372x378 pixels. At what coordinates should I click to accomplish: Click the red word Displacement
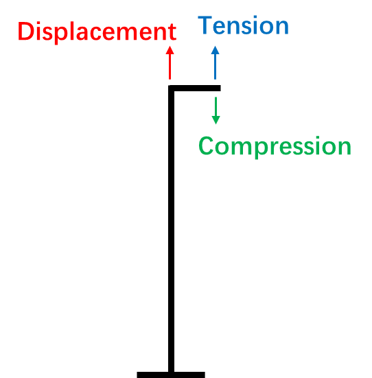97,32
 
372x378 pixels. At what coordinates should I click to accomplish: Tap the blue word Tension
243,25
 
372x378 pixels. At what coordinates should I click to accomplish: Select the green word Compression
275,146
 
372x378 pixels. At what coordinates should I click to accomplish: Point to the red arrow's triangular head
170,50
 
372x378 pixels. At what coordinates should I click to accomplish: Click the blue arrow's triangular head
216,50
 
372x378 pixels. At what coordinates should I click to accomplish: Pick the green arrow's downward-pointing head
216,120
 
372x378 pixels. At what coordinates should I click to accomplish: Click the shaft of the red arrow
170,67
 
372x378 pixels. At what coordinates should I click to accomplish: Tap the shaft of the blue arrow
216,67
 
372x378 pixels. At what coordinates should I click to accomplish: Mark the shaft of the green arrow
216,106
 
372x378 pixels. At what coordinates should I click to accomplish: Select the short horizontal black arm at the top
194,88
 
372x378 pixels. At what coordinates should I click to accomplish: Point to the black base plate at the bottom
171,375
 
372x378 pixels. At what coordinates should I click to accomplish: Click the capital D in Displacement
26,32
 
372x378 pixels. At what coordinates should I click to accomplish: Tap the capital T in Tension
205,25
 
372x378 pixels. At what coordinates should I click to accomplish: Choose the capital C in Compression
206,145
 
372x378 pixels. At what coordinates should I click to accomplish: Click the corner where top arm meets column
171,88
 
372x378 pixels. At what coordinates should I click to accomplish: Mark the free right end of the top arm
220,88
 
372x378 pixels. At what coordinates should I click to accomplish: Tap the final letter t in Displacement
173,32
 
